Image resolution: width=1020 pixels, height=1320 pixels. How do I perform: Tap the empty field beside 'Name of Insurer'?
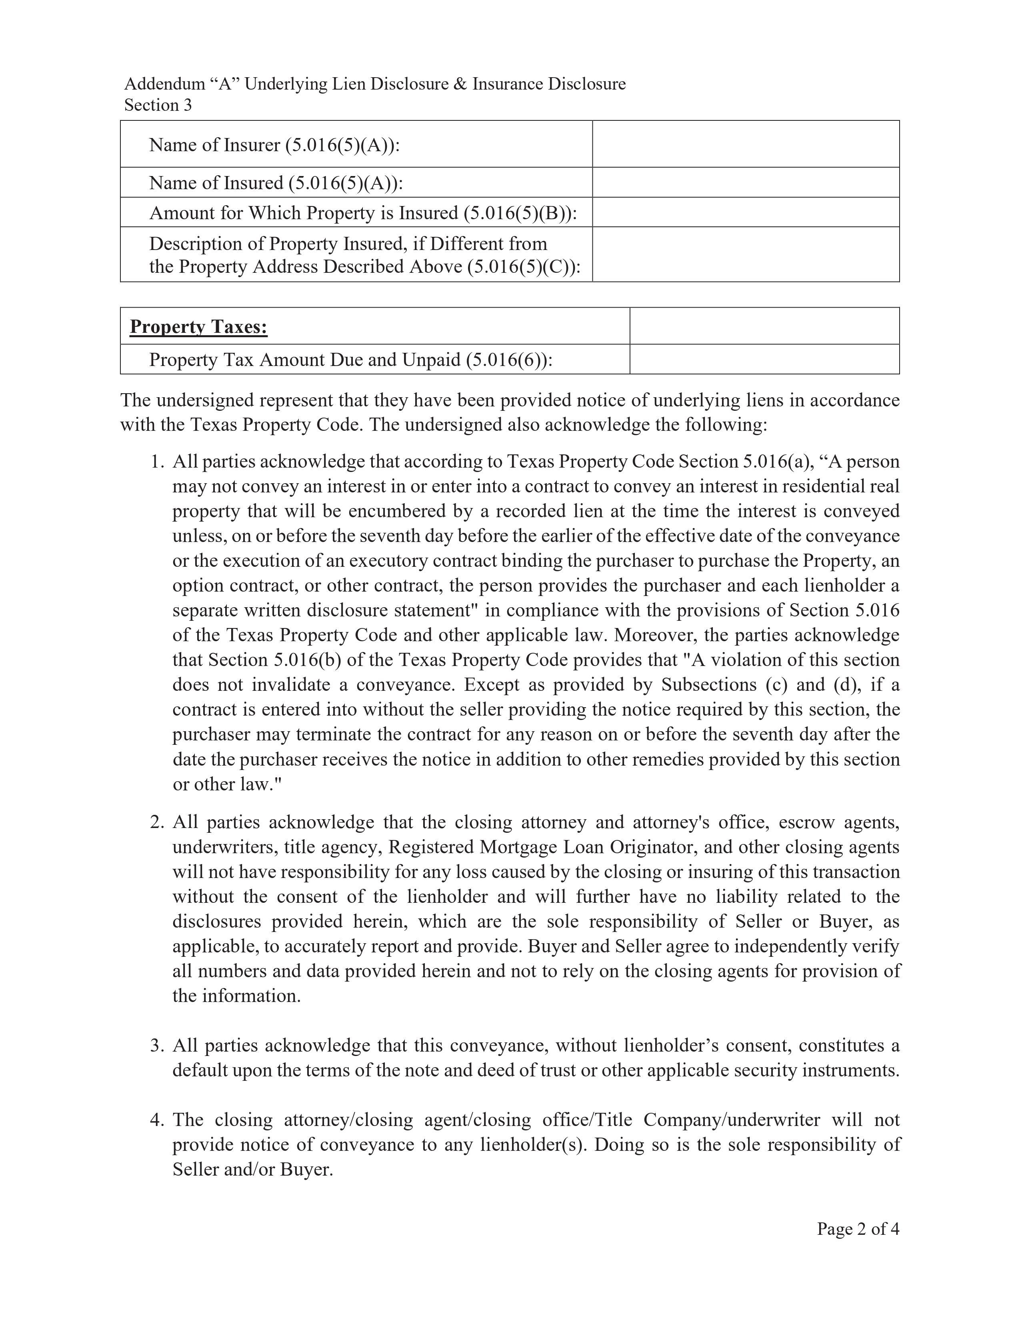pyautogui.click(x=745, y=144)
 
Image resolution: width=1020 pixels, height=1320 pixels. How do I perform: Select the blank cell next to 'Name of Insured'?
pyautogui.click(x=745, y=182)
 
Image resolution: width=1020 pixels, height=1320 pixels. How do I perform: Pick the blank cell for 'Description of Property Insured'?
pyautogui.click(x=745, y=254)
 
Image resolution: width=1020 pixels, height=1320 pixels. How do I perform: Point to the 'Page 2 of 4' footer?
pyautogui.click(x=858, y=1229)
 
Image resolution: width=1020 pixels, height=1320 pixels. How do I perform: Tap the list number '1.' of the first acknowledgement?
pyautogui.click(x=157, y=462)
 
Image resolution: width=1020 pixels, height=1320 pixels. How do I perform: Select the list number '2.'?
pyautogui.click(x=157, y=822)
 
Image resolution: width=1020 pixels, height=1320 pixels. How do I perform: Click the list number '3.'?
pyautogui.click(x=157, y=1046)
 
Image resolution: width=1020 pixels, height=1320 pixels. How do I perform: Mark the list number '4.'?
pyautogui.click(x=157, y=1120)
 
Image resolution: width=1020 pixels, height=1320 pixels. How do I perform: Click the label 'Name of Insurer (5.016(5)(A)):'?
pyautogui.click(x=274, y=145)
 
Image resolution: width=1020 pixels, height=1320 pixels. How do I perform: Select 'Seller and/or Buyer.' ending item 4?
pyautogui.click(x=252, y=1170)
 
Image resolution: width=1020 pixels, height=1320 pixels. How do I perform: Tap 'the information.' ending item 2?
pyautogui.click(x=236, y=996)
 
